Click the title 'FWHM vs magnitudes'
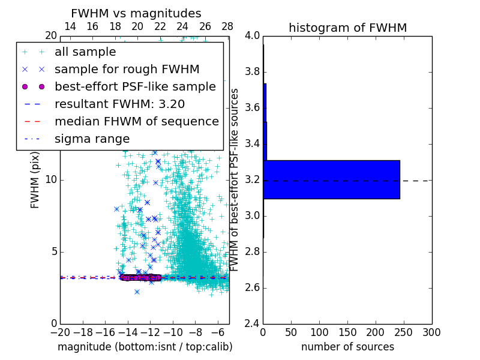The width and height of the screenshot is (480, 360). coord(136,13)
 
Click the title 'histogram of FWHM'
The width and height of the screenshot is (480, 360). coord(348,28)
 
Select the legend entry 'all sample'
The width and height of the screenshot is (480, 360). coord(85,52)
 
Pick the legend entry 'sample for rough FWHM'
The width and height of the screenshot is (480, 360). coord(127,70)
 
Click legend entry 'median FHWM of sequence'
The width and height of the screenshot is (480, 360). coord(137,122)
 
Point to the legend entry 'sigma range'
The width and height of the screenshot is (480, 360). coord(92,139)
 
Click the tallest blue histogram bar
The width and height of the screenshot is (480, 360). coord(331,179)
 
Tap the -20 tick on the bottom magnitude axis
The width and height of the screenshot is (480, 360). coord(60,332)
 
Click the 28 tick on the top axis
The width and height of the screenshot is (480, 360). coord(227,26)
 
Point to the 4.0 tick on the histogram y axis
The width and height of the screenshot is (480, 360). coord(252,35)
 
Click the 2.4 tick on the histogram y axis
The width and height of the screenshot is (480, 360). coord(252,323)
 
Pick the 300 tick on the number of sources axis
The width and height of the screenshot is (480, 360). coord(431,332)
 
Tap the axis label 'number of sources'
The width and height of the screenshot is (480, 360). coord(347,347)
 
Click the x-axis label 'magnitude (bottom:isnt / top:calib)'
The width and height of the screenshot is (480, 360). coord(145,347)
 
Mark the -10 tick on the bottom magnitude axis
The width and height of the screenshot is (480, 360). coord(173,332)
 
